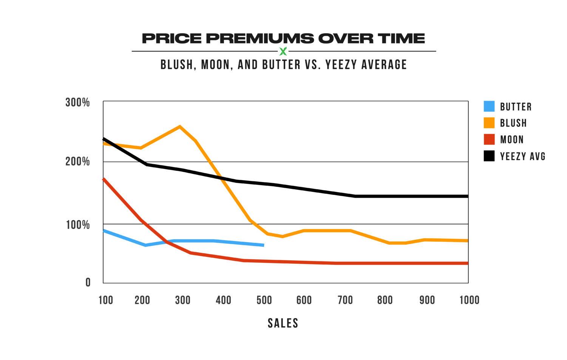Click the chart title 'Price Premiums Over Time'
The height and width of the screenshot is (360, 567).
click(x=283, y=38)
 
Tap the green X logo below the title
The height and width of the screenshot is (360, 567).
click(x=283, y=51)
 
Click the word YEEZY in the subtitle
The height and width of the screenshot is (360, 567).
click(x=341, y=65)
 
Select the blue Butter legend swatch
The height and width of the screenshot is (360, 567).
click(x=489, y=107)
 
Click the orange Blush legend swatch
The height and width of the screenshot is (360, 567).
click(x=489, y=123)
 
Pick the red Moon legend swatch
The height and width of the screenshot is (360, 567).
click(x=489, y=139)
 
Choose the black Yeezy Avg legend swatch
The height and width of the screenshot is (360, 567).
click(x=489, y=156)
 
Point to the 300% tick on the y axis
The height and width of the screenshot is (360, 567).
click(x=77, y=102)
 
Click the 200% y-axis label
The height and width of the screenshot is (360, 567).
click(x=77, y=162)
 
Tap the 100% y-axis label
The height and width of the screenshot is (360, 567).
click(x=77, y=225)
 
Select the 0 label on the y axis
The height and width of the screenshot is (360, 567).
click(x=88, y=283)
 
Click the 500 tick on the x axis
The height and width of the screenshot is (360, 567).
click(x=264, y=300)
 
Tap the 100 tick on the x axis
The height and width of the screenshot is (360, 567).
click(x=106, y=300)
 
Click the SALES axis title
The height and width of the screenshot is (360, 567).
click(x=283, y=323)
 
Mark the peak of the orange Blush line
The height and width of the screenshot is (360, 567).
click(x=180, y=127)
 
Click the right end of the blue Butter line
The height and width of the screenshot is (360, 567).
click(x=263, y=245)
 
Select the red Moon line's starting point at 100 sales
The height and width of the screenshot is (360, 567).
click(x=104, y=179)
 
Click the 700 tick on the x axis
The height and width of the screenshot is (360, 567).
click(x=345, y=300)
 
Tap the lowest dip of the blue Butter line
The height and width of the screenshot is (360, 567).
click(x=145, y=245)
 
